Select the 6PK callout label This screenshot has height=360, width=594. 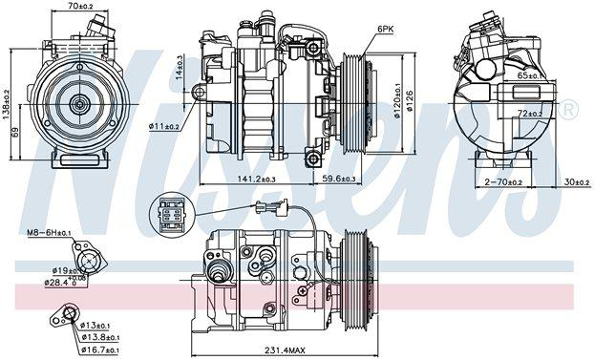point(385,30)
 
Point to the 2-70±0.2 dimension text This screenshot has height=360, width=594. point(503,181)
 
